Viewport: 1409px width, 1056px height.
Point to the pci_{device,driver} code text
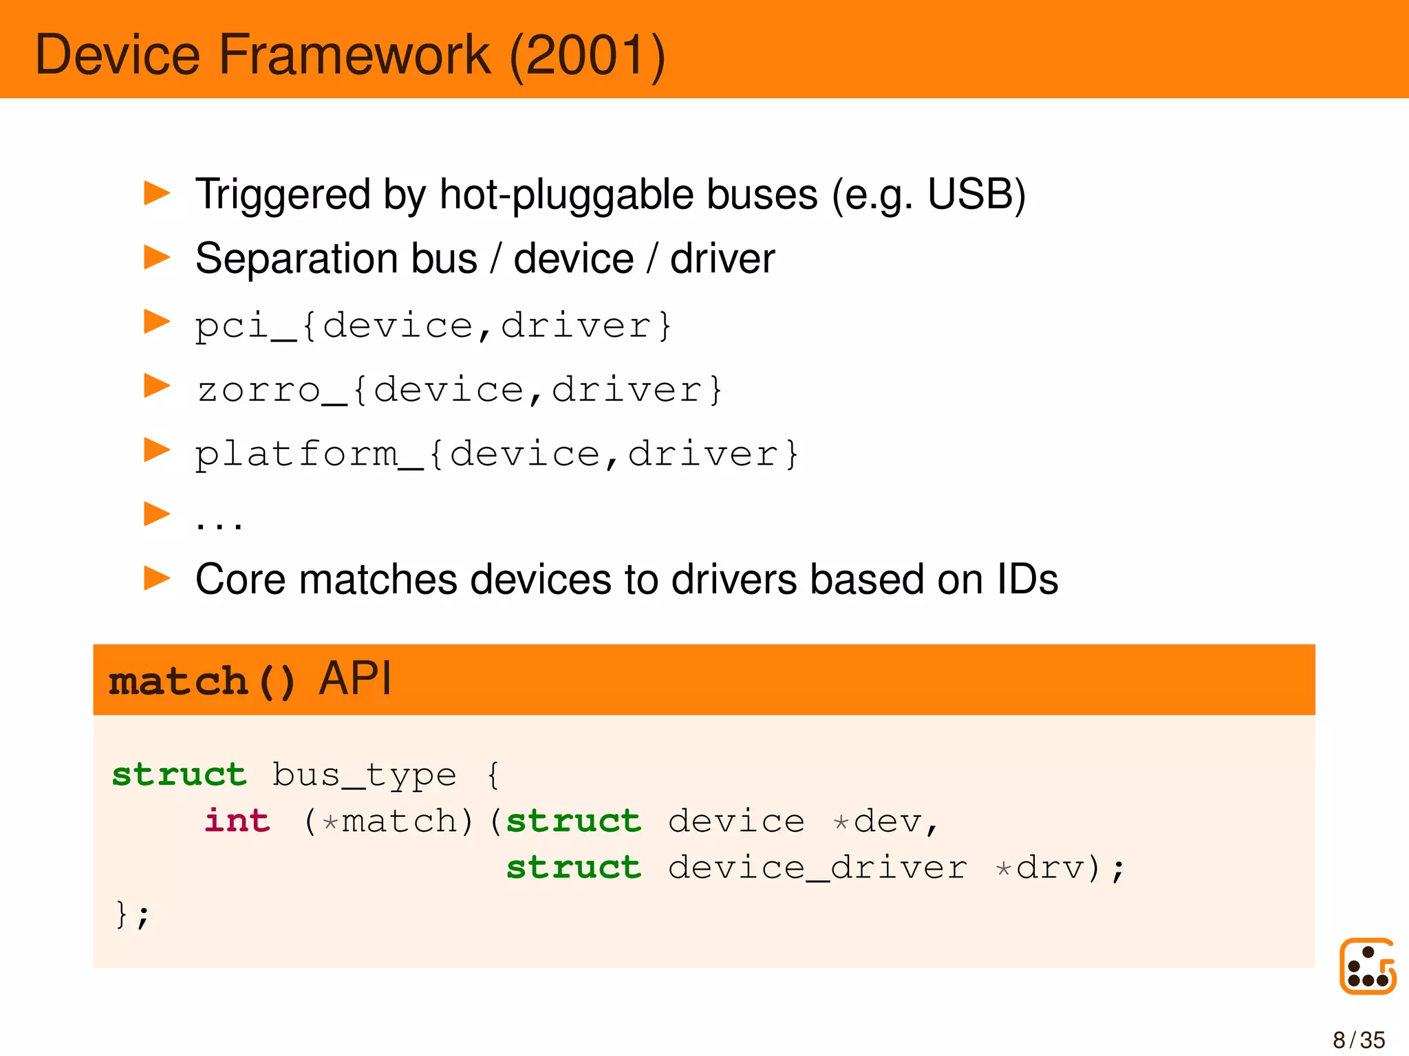point(433,325)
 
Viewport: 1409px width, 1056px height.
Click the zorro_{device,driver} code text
point(459,390)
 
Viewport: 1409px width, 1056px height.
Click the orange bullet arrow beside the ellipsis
point(157,514)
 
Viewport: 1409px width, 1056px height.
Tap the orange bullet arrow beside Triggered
point(157,193)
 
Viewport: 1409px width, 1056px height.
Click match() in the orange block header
point(202,681)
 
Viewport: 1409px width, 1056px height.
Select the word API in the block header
point(356,679)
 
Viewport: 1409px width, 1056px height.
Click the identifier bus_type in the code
point(364,775)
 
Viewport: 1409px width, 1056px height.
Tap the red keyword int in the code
point(237,821)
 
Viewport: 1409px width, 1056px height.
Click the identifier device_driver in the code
point(817,868)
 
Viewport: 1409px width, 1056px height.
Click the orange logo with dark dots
point(1367,966)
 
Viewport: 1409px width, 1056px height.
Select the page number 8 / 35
point(1359,1039)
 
